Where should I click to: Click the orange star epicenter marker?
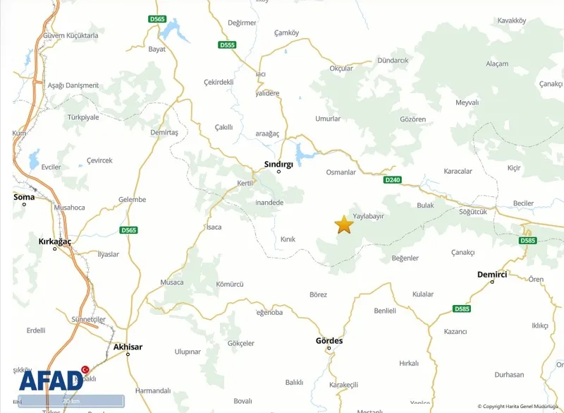[x=343, y=225]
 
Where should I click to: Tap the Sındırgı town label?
[x=278, y=163]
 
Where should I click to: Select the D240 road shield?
[x=393, y=180]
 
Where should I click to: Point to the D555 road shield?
[x=227, y=44]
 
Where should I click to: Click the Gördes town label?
[x=329, y=340]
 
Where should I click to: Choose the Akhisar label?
[x=128, y=347]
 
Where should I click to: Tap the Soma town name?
[x=24, y=197]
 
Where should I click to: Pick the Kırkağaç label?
[x=55, y=241]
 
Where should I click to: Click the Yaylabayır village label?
[x=368, y=216]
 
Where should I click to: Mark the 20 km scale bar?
[x=71, y=401]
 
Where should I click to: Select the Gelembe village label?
[x=132, y=200]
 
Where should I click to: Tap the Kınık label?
[x=288, y=239]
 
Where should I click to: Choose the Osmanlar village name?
[x=341, y=172]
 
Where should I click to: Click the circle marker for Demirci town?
[x=492, y=282]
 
